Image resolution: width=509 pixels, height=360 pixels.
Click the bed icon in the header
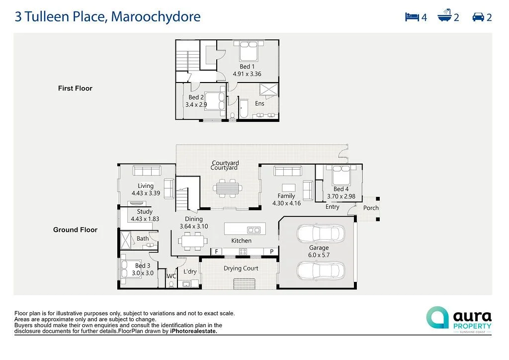412,17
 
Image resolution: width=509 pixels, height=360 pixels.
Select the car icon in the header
478,17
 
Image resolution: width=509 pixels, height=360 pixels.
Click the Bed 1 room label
247,67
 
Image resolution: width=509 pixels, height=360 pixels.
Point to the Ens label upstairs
259,103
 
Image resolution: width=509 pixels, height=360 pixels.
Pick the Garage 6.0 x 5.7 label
319,251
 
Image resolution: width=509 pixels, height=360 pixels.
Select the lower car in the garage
321,270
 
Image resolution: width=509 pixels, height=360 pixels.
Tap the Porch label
371,208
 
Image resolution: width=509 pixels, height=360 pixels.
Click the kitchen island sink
254,230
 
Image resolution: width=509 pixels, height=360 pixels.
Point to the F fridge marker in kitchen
216,252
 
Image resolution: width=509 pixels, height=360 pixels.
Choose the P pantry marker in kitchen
272,252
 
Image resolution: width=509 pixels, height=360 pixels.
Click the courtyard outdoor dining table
228,188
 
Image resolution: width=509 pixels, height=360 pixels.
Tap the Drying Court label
241,269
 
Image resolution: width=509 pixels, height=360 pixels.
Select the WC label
171,276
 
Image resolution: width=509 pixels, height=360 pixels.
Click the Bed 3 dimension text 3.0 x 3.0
143,273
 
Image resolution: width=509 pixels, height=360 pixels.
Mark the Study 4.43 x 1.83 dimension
145,219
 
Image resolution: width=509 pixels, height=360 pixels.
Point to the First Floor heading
75,89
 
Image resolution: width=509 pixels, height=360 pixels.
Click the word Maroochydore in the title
156,17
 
